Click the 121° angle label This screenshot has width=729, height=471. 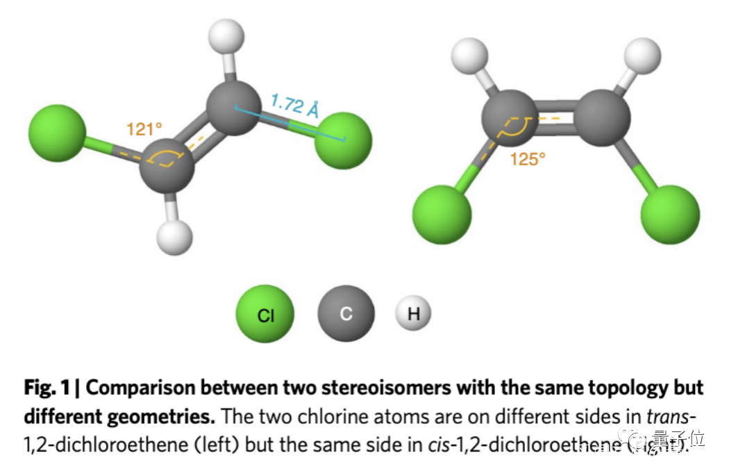click(x=144, y=129)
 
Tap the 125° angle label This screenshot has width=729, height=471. click(x=528, y=159)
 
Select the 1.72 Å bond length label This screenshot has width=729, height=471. click(x=294, y=106)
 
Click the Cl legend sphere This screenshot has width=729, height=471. click(x=265, y=315)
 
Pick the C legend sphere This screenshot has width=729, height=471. click(x=346, y=314)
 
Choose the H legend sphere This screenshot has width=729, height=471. click(x=414, y=313)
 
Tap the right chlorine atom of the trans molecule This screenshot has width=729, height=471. click(x=343, y=141)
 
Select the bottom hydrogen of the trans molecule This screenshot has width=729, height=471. click(x=174, y=238)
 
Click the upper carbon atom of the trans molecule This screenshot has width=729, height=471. click(x=233, y=108)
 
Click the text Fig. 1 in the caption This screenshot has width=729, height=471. click(x=48, y=387)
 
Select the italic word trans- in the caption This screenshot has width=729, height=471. click(x=671, y=416)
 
